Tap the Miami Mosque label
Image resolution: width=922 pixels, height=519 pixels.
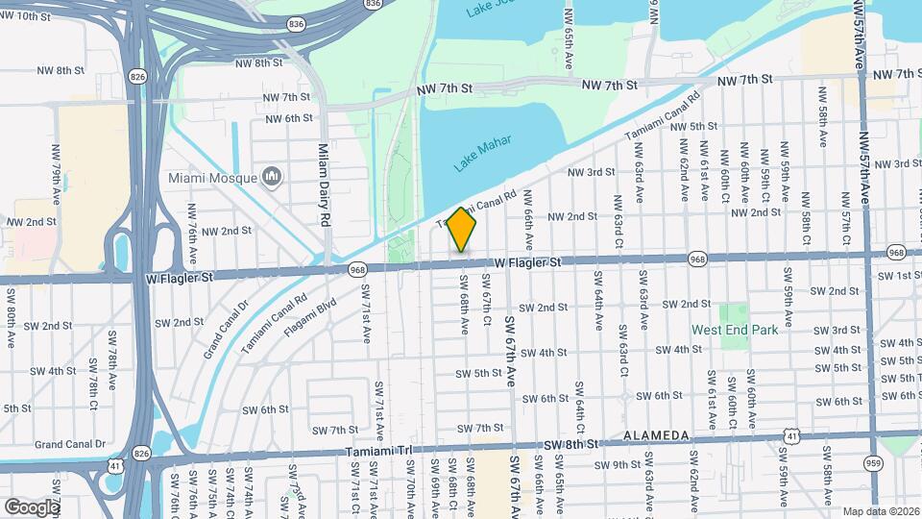(x=213, y=178)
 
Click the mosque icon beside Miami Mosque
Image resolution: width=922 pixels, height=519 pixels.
(x=272, y=177)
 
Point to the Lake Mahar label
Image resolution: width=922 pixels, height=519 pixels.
(x=482, y=154)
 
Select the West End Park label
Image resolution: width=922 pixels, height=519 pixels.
(x=736, y=330)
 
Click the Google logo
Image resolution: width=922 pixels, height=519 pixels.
(x=32, y=507)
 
